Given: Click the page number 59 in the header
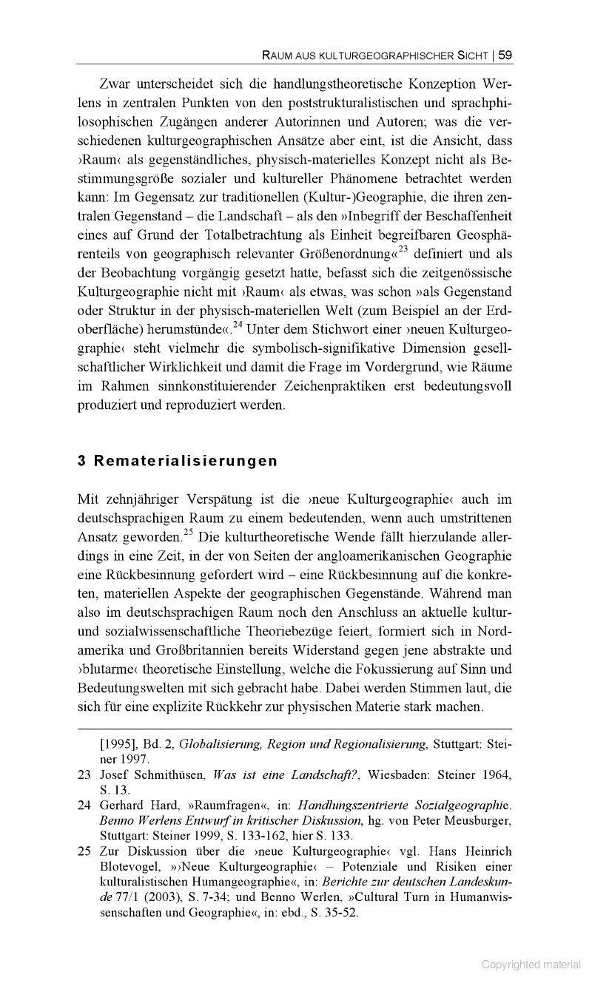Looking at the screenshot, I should coord(505,54).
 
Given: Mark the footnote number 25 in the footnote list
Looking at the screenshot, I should coord(84,851).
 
